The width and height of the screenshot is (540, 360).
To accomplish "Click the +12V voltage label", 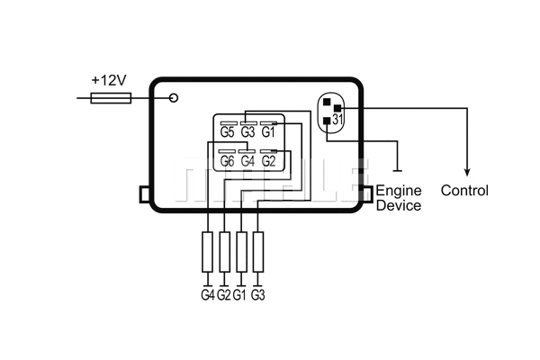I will [109, 79].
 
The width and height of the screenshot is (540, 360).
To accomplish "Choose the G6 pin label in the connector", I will [229, 162].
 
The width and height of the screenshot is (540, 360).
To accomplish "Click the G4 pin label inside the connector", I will [248, 162].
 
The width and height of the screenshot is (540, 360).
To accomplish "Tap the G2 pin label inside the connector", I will [268, 162].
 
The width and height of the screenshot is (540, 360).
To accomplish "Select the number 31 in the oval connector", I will [337, 119].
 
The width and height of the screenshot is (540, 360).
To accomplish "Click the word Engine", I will [398, 191].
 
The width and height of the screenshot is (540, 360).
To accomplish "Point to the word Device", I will [398, 205].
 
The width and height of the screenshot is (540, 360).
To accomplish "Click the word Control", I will [464, 191].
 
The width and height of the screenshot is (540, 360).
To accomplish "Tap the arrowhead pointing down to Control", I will [466, 172].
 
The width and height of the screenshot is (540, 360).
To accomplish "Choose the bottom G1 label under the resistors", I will [240, 294].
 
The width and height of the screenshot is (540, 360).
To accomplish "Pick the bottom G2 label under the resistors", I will [224, 294].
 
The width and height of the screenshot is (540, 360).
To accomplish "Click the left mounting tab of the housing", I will [144, 193].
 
